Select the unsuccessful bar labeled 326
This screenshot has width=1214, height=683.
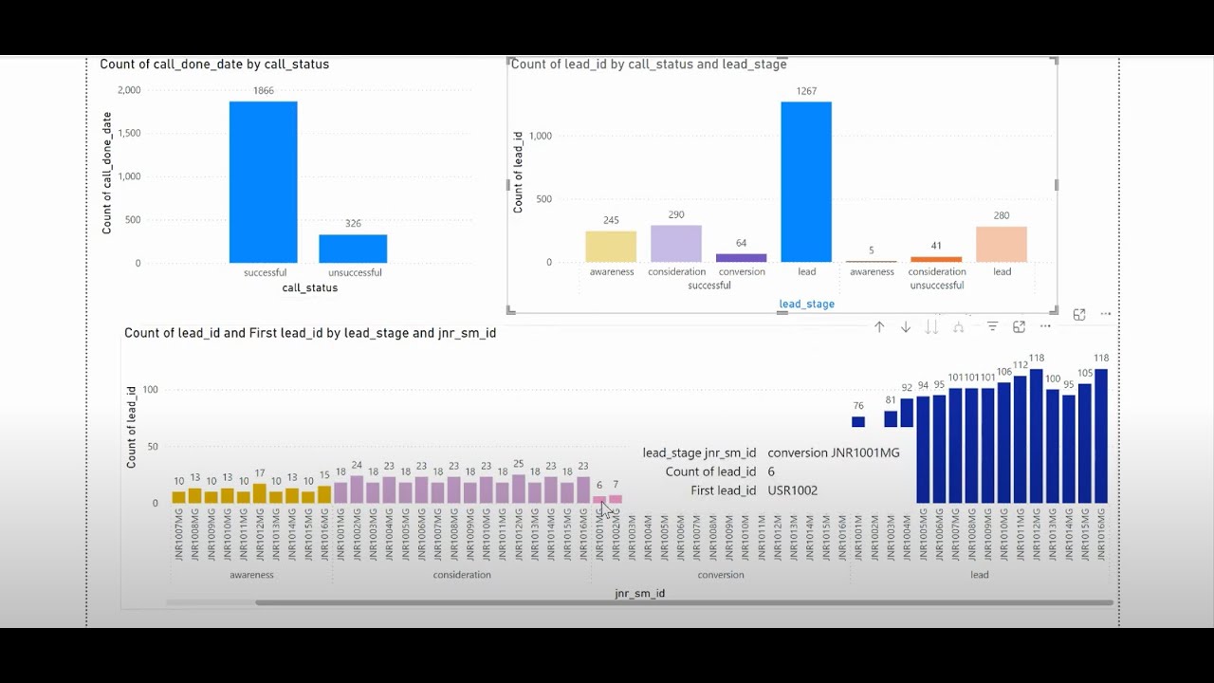[353, 249]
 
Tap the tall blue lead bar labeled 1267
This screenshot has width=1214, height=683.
[806, 181]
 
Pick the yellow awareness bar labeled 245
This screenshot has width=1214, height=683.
[611, 247]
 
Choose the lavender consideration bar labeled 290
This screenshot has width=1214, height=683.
[676, 244]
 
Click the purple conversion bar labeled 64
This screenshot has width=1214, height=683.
[741, 258]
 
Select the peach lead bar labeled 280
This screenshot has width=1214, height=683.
[1002, 245]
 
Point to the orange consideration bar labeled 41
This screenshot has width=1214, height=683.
[936, 259]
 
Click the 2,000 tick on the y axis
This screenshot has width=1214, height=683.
[129, 90]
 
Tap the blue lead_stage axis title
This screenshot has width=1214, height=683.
[806, 305]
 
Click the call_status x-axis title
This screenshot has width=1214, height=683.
[309, 287]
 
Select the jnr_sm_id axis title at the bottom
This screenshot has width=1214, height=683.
[639, 594]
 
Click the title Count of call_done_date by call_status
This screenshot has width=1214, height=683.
[214, 65]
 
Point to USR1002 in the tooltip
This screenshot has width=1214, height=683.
[792, 490]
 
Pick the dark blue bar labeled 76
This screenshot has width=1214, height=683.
[858, 422]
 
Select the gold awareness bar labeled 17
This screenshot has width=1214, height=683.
[260, 493]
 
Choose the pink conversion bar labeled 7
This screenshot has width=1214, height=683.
[616, 499]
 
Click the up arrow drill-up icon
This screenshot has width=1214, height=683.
[879, 327]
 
